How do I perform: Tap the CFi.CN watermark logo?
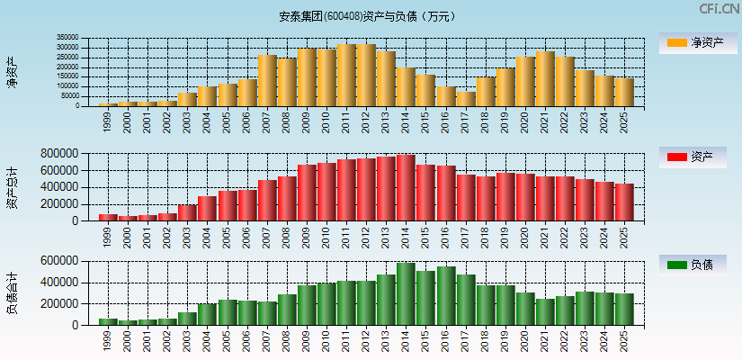point(719,9)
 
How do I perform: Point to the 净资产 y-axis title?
point(12,72)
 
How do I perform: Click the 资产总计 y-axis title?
point(12,186)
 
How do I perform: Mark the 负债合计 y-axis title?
point(12,293)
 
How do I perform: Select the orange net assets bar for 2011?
point(346,76)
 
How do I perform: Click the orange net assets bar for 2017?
point(466,99)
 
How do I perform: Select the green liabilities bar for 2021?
point(545,311)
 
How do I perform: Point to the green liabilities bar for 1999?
point(108,321)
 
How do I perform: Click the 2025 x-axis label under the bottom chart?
point(624,340)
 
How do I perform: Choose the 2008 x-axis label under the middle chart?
point(287,236)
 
